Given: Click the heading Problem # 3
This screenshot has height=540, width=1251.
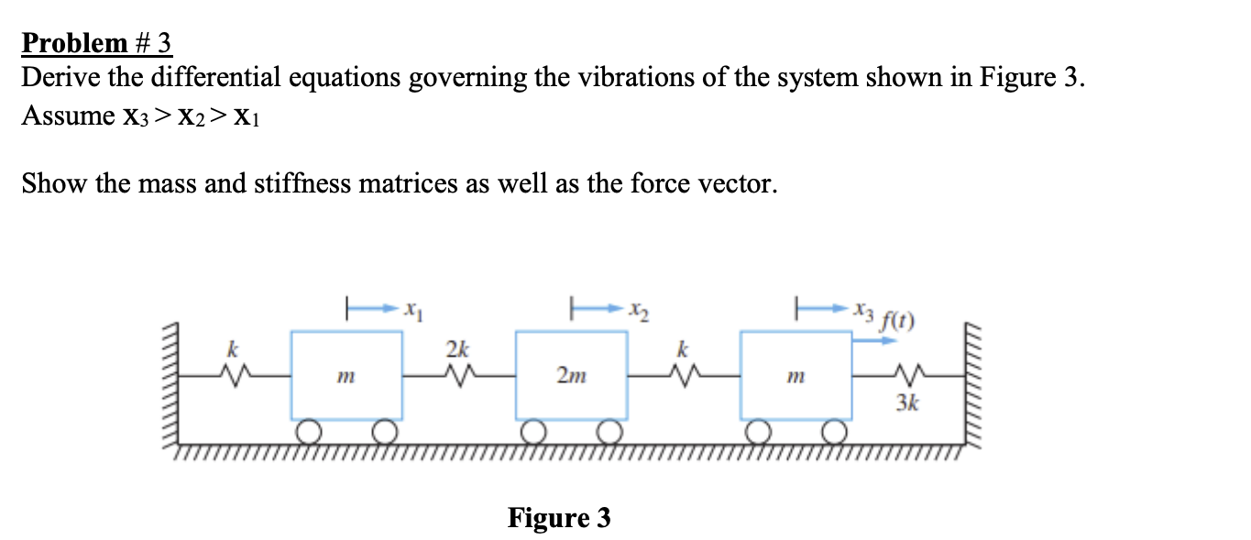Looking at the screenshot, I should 97,43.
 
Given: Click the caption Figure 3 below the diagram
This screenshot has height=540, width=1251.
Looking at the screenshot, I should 559,518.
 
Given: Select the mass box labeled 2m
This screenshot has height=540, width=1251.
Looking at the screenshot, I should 571,376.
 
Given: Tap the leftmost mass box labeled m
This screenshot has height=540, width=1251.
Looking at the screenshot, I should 346,376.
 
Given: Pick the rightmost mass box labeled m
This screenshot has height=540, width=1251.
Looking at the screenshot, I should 796,376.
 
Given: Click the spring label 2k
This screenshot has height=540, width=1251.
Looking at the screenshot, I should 457,349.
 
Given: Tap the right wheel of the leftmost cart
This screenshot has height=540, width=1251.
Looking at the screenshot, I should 386,431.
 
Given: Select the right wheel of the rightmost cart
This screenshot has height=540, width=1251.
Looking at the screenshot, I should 834,431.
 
